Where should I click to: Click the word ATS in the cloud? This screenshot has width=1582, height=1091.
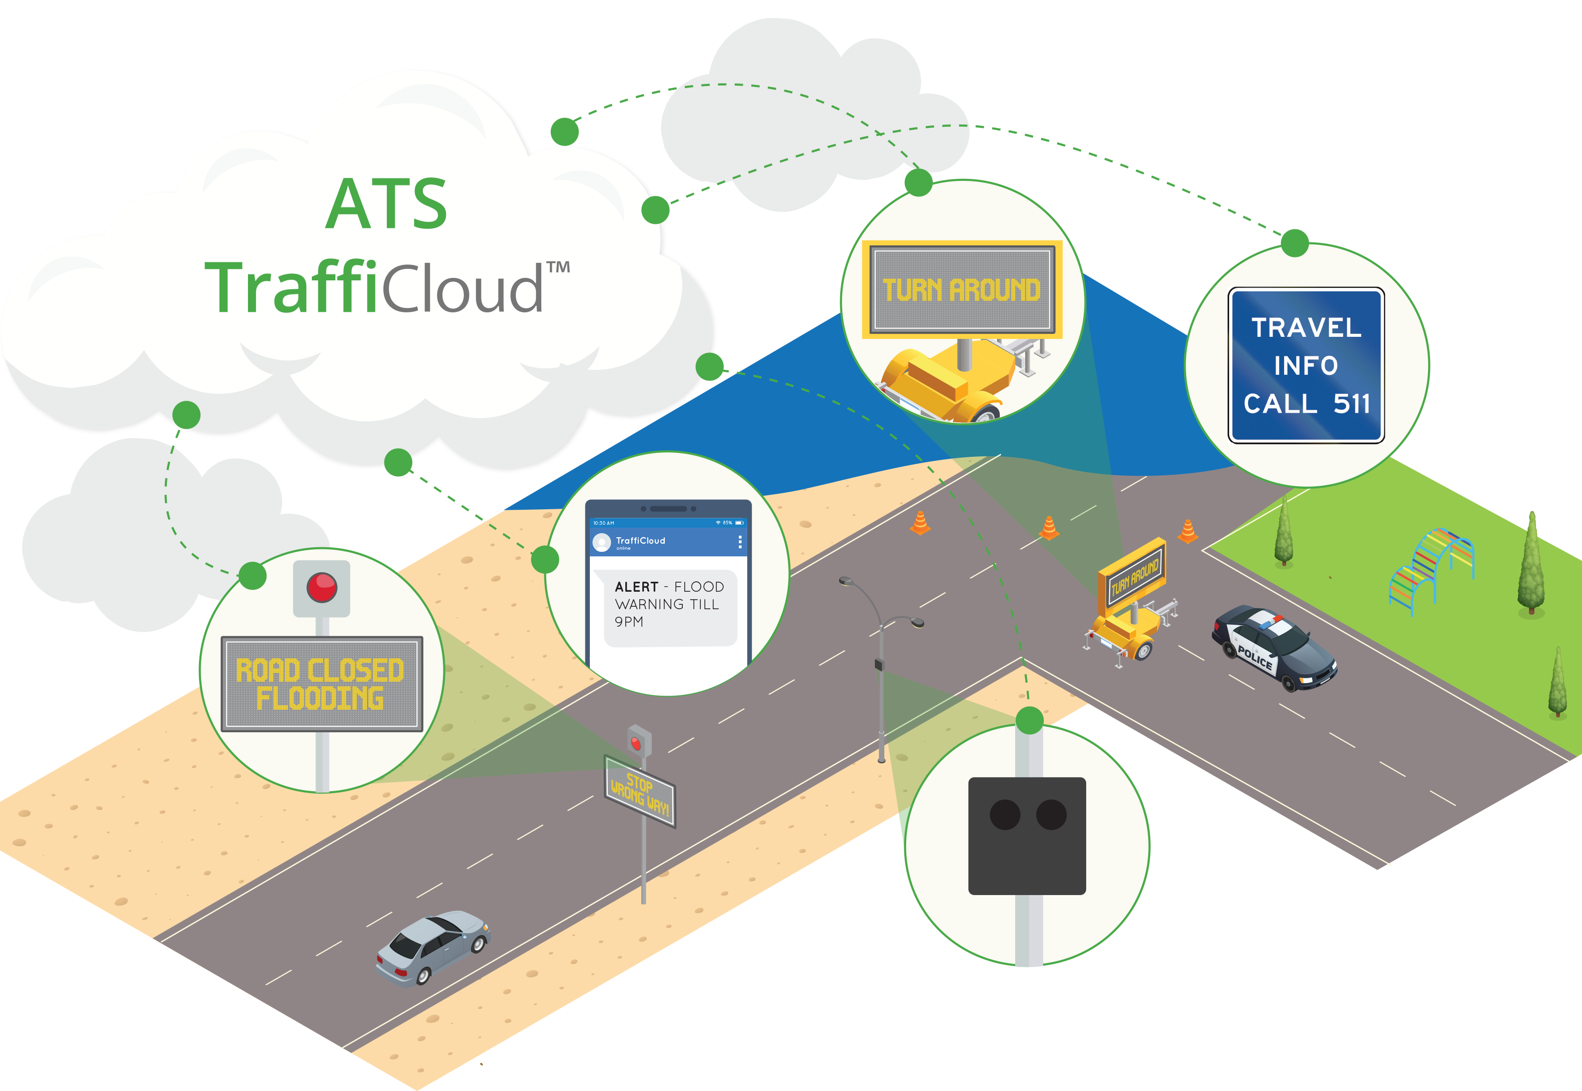pyautogui.click(x=386, y=204)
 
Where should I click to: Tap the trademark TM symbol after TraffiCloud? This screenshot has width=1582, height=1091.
pyautogui.click(x=558, y=267)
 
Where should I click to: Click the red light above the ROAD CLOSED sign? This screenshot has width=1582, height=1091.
pyautogui.click(x=321, y=587)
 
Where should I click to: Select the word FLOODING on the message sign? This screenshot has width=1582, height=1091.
pyautogui.click(x=319, y=698)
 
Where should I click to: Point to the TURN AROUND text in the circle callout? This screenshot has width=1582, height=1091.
pyautogui.click(x=961, y=290)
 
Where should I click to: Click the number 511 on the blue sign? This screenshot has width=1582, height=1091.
pyautogui.click(x=1352, y=403)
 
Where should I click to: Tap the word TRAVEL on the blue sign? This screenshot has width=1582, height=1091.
pyautogui.click(x=1307, y=327)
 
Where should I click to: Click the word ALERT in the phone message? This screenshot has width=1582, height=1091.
pyautogui.click(x=636, y=587)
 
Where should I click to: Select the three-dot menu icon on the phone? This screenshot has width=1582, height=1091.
pyautogui.click(x=740, y=542)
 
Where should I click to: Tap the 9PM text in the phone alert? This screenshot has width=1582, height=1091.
pyautogui.click(x=628, y=621)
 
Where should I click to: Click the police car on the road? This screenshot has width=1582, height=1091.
pyautogui.click(x=1275, y=647)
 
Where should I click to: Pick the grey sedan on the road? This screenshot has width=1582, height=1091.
pyautogui.click(x=433, y=948)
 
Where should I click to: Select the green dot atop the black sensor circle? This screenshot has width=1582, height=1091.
pyautogui.click(x=1029, y=720)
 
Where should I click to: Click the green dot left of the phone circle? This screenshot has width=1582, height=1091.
pyautogui.click(x=545, y=559)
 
